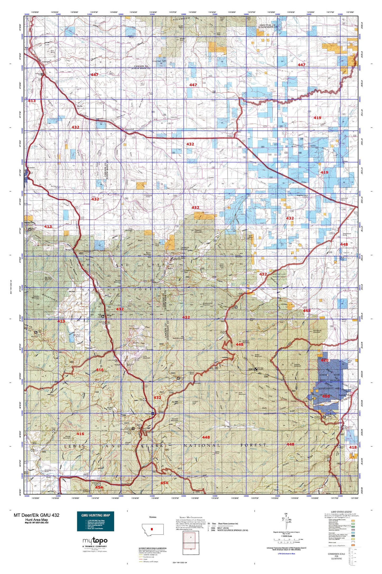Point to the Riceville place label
(x=31, y=168)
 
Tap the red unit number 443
(x=307, y=310)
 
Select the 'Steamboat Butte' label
(x=348, y=234)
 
